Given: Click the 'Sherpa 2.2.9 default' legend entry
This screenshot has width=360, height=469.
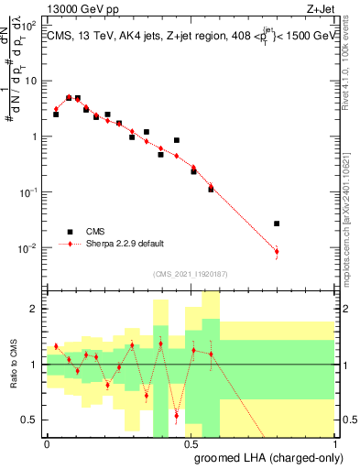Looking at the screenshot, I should [x=125, y=244].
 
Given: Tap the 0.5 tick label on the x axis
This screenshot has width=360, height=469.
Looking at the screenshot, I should [x=191, y=443].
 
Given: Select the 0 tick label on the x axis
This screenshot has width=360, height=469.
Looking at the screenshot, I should [x=47, y=443].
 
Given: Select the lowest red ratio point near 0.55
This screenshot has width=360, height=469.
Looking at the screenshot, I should [x=176, y=416].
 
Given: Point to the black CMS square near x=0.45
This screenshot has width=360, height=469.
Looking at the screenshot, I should [x=176, y=140].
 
